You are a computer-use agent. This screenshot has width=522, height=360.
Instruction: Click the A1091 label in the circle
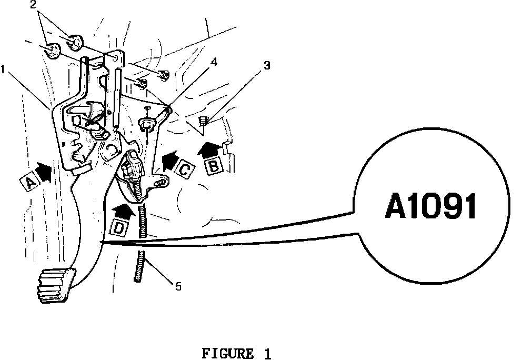[431, 207]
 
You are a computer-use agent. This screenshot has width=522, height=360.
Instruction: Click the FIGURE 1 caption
[236, 353]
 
